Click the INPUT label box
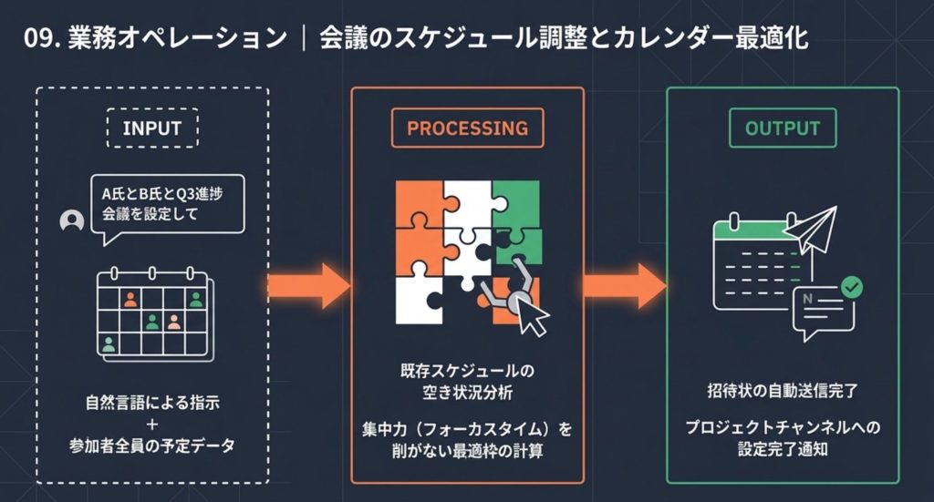point(151,128)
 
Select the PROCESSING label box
point(467,128)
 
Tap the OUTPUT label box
point(782,128)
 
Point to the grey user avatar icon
point(71,222)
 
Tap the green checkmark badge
point(851,288)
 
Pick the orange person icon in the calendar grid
point(130,299)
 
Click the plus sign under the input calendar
point(151,424)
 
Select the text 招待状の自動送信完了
point(782,390)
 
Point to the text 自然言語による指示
point(151,402)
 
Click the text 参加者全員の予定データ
point(151,446)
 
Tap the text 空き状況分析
point(467,393)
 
